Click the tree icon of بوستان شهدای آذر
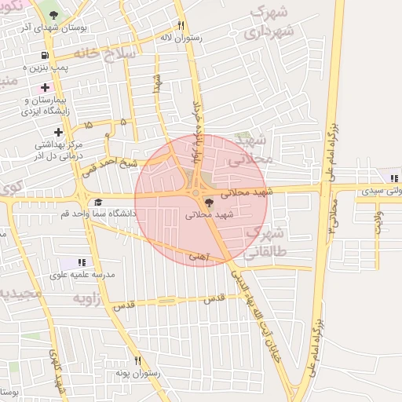(53, 16)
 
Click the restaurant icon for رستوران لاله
(181, 24)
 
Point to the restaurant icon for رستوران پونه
(138, 360)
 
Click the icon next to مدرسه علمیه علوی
(82, 262)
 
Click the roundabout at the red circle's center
(196, 192)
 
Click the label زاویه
(87, 299)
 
